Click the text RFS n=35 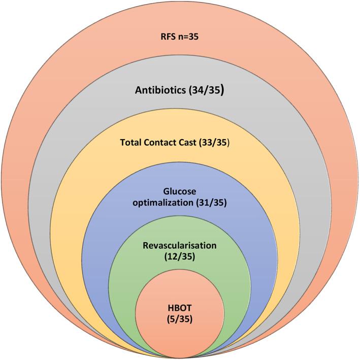[180, 37]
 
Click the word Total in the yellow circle [133, 143]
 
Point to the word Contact [163, 143]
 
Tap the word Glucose [180, 191]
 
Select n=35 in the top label [189, 37]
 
